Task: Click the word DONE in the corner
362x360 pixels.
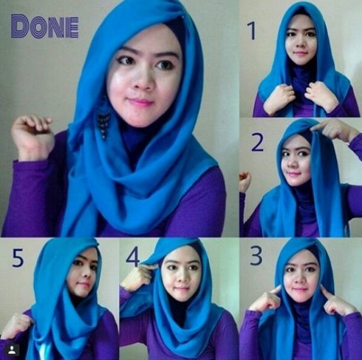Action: [44, 27]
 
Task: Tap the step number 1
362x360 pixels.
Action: [252, 30]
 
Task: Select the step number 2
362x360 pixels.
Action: [257, 142]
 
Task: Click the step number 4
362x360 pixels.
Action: [133, 257]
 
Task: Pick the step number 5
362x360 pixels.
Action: [18, 258]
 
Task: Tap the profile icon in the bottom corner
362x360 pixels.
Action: [12, 350]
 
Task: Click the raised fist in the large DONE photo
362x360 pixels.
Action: [33, 135]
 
